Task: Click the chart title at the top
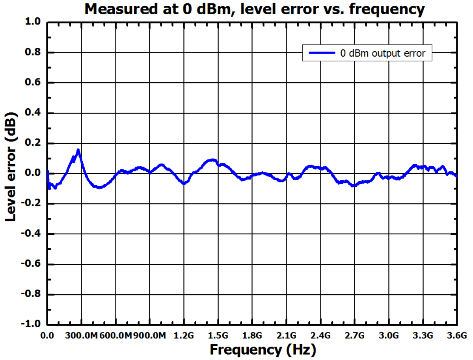(x=255, y=9)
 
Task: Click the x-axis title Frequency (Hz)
(x=263, y=349)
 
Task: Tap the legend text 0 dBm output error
(x=383, y=54)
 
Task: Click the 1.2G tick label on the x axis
(x=184, y=336)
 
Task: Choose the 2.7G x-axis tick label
(x=354, y=336)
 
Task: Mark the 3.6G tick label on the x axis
(x=457, y=336)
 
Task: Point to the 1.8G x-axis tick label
(x=252, y=336)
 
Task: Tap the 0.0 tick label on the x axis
(x=47, y=336)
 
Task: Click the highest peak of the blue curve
(x=78, y=150)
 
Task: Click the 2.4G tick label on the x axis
(x=320, y=336)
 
